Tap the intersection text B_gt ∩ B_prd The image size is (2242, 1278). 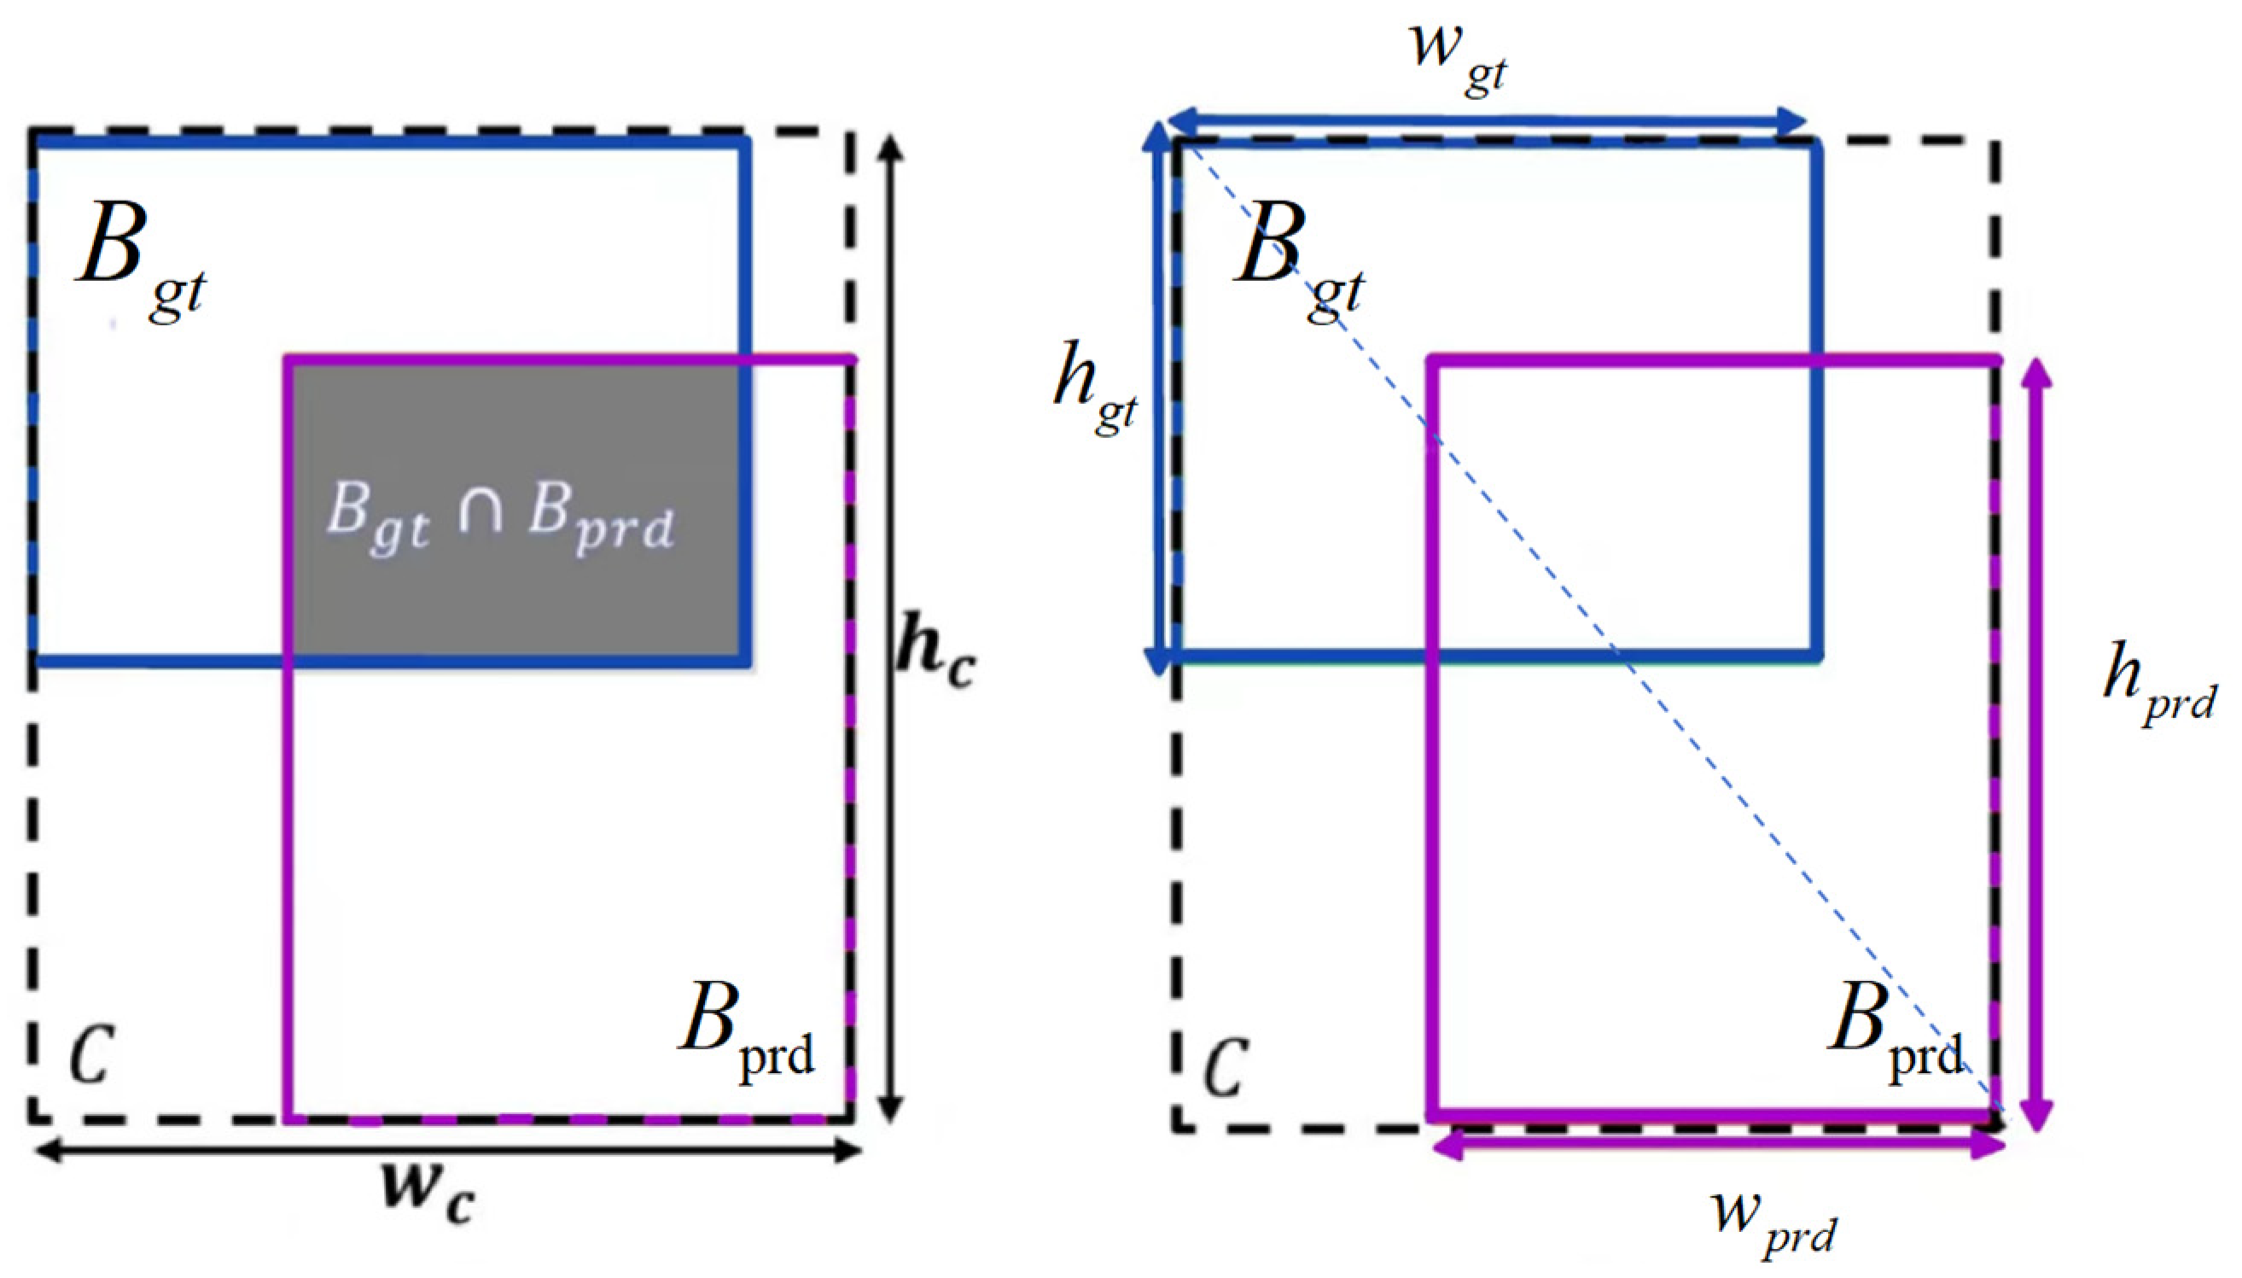500,518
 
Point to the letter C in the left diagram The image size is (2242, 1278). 91,1053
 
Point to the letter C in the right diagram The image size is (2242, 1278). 1225,1065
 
